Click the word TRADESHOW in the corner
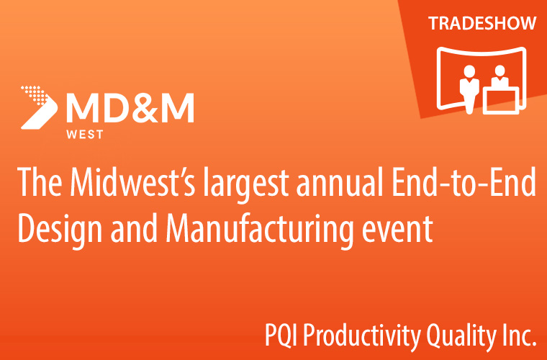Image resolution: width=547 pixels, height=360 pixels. (482, 23)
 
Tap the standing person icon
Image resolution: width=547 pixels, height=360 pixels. (469, 89)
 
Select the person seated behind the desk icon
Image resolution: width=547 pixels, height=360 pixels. (500, 76)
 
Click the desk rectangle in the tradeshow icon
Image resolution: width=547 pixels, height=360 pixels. (501, 101)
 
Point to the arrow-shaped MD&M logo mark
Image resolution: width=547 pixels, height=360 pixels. (39, 107)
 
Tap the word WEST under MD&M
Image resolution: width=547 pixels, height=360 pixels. (85, 135)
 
